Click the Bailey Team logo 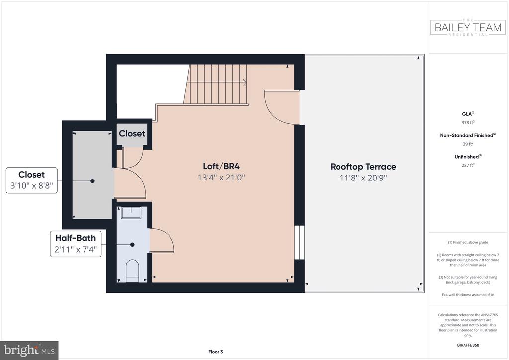(468, 27)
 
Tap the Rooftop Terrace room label (363, 167)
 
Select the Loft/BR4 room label (221, 166)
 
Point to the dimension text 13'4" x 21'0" (221, 178)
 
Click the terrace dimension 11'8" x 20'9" (363, 178)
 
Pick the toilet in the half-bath (132, 270)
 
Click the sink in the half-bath (131, 213)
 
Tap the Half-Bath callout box (76, 244)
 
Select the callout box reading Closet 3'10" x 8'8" (32, 180)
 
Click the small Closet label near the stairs (132, 133)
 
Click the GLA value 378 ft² (468, 122)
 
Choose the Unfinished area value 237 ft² (468, 165)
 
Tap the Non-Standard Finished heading (468, 135)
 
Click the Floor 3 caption (216, 352)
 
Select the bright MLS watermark (29, 350)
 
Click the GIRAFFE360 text (468, 345)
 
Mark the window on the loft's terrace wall (299, 242)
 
